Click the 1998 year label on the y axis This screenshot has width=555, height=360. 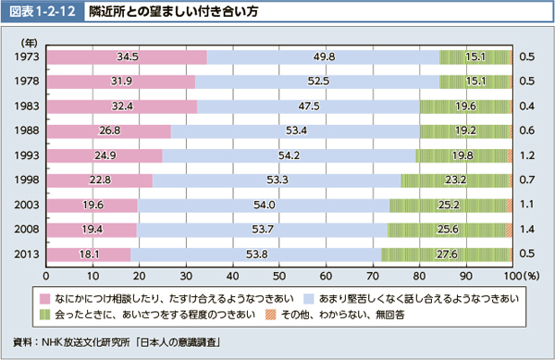pos(25,180)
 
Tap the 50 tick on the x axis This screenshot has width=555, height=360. pos(278,275)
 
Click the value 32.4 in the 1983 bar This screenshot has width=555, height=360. pos(121,106)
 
